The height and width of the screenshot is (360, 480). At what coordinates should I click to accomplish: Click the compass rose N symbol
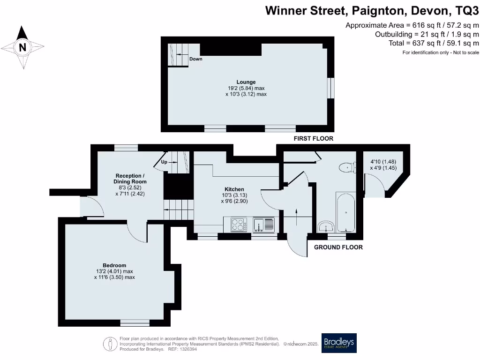coord(22,47)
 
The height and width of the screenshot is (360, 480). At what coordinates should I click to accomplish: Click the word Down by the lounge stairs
coord(196,60)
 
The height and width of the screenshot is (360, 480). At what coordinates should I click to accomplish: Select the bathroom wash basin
coord(325,227)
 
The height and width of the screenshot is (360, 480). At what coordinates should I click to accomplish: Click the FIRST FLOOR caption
coord(313,139)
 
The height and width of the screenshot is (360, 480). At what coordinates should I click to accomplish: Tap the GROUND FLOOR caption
coord(338,247)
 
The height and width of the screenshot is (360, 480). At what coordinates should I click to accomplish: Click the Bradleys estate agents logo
coord(338,343)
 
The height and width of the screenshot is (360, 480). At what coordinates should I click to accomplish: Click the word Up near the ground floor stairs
coord(164,162)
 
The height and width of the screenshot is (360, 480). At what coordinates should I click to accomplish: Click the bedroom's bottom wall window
coord(135,322)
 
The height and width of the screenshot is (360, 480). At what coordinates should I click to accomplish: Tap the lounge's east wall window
coord(331,88)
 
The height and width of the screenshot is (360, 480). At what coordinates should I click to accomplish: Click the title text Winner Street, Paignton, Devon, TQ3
coord(372,10)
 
